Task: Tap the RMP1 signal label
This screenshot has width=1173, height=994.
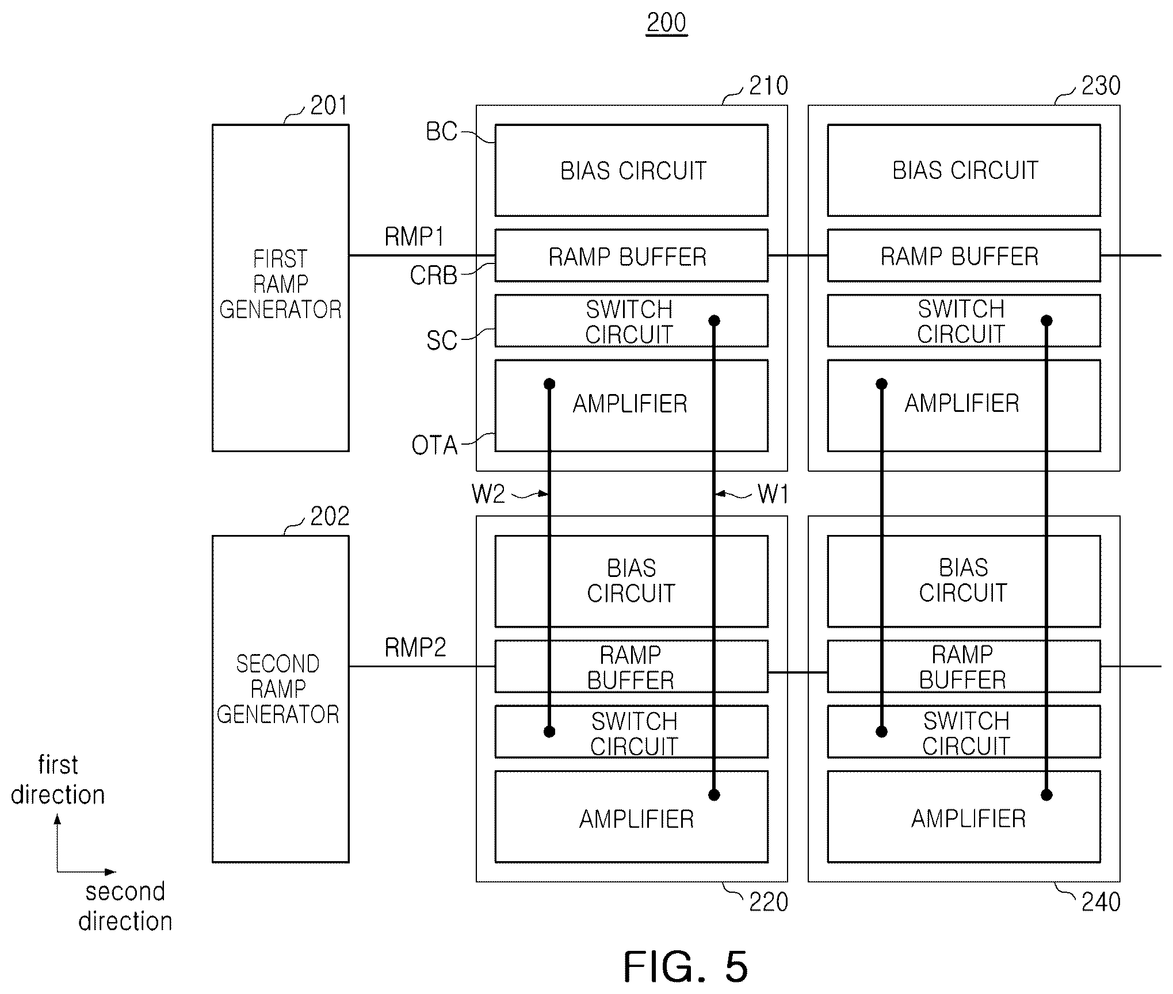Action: [414, 237]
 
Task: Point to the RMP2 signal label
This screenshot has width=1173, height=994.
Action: [415, 648]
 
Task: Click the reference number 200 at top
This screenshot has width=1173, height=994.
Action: [667, 23]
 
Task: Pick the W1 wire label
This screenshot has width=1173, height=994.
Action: [773, 494]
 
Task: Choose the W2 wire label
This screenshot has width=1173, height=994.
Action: [488, 494]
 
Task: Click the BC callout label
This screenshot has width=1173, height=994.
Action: [441, 132]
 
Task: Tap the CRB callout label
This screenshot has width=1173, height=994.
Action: [433, 276]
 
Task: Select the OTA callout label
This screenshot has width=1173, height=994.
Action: [434, 446]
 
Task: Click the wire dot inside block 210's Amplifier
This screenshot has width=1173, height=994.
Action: [549, 384]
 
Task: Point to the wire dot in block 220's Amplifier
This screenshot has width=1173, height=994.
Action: [714, 795]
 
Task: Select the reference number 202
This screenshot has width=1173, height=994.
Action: [330, 517]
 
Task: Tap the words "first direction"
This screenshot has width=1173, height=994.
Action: [58, 780]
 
